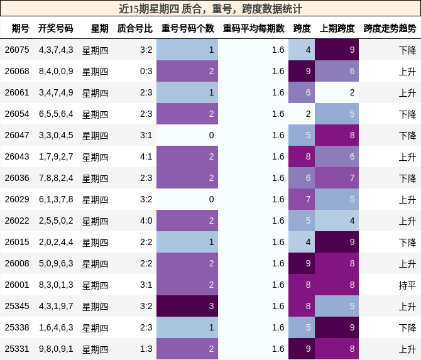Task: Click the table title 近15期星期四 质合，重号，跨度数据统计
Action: (x=210, y=9)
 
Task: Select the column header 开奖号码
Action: (x=55, y=28)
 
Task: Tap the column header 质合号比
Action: (x=134, y=28)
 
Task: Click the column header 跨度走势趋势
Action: (x=390, y=28)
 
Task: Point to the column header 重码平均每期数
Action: (x=253, y=28)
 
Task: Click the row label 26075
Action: (x=17, y=50)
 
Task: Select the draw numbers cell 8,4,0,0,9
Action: (x=56, y=71)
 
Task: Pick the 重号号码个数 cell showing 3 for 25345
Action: (x=187, y=306)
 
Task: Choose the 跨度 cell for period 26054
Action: (x=302, y=114)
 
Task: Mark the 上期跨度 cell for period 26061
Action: (x=337, y=92)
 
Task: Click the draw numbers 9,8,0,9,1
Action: (x=56, y=349)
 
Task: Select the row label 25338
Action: (x=17, y=327)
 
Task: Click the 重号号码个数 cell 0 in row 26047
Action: (x=187, y=135)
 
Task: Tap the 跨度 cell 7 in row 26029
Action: (x=302, y=199)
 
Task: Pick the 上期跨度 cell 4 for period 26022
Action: (x=337, y=221)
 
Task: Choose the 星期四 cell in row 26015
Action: (x=95, y=242)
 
